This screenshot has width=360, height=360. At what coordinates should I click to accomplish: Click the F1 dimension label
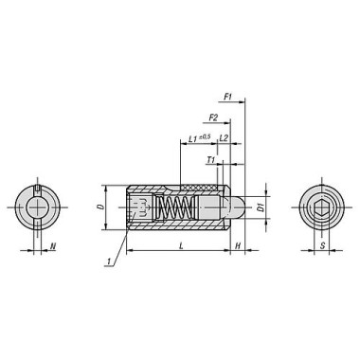tap(227, 96)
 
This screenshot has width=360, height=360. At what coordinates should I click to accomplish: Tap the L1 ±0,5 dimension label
tap(197, 138)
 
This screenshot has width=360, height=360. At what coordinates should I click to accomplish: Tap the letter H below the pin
tap(238, 245)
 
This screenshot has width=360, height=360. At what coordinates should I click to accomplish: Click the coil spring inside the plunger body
tap(174, 206)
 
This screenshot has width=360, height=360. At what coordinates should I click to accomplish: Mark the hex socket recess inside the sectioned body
tap(140, 206)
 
